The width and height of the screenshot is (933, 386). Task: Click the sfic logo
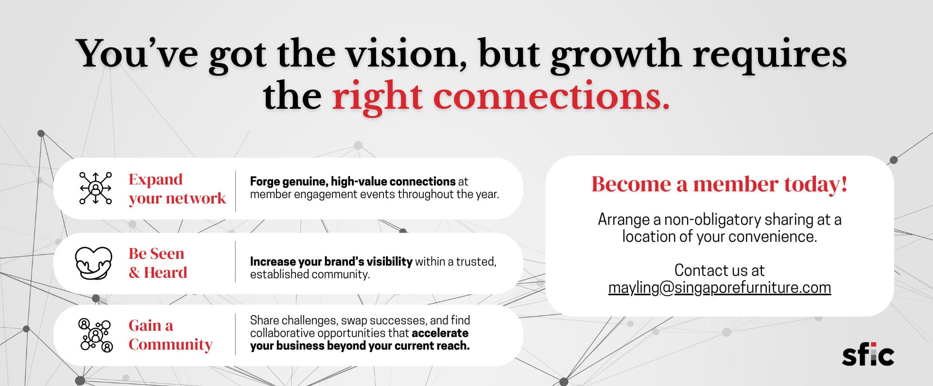click(868, 355)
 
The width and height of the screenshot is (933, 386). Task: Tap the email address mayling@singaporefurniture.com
click(720, 287)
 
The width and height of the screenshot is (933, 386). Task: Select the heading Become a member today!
click(720, 184)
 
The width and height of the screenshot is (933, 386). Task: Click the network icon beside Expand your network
click(96, 188)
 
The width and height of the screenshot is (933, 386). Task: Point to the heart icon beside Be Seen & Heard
click(94, 263)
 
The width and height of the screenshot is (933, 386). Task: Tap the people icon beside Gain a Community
click(96, 335)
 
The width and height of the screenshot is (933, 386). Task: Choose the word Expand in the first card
click(155, 180)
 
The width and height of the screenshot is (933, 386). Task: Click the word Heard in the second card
click(166, 272)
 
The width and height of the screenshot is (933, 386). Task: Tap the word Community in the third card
click(171, 345)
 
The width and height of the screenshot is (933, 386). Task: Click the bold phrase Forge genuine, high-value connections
click(353, 182)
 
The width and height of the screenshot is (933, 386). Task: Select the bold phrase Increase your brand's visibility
click(331, 262)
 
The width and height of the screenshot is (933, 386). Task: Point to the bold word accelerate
click(440, 333)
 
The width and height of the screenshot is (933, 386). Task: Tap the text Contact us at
click(720, 270)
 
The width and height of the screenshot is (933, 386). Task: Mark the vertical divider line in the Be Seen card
click(236, 262)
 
